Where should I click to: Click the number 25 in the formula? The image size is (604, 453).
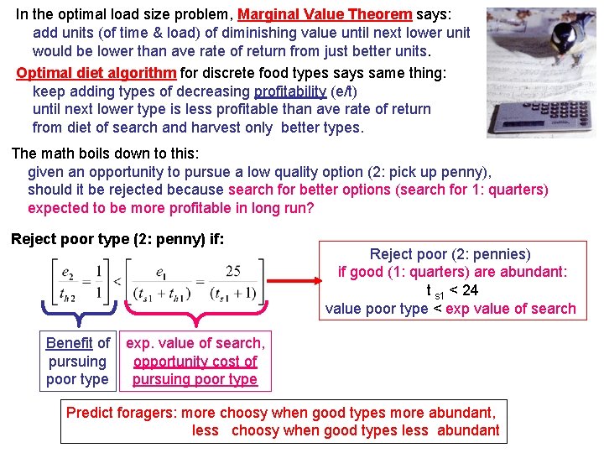click(232, 271)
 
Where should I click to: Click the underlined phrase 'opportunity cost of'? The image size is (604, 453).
click(195, 362)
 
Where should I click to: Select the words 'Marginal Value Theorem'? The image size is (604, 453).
click(325, 14)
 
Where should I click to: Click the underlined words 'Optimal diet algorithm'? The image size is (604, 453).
click(96, 73)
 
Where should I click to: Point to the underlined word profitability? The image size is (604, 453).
click(290, 91)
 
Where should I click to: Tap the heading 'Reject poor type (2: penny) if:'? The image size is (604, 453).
click(117, 239)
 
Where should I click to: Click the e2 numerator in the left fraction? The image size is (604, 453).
click(67, 271)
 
